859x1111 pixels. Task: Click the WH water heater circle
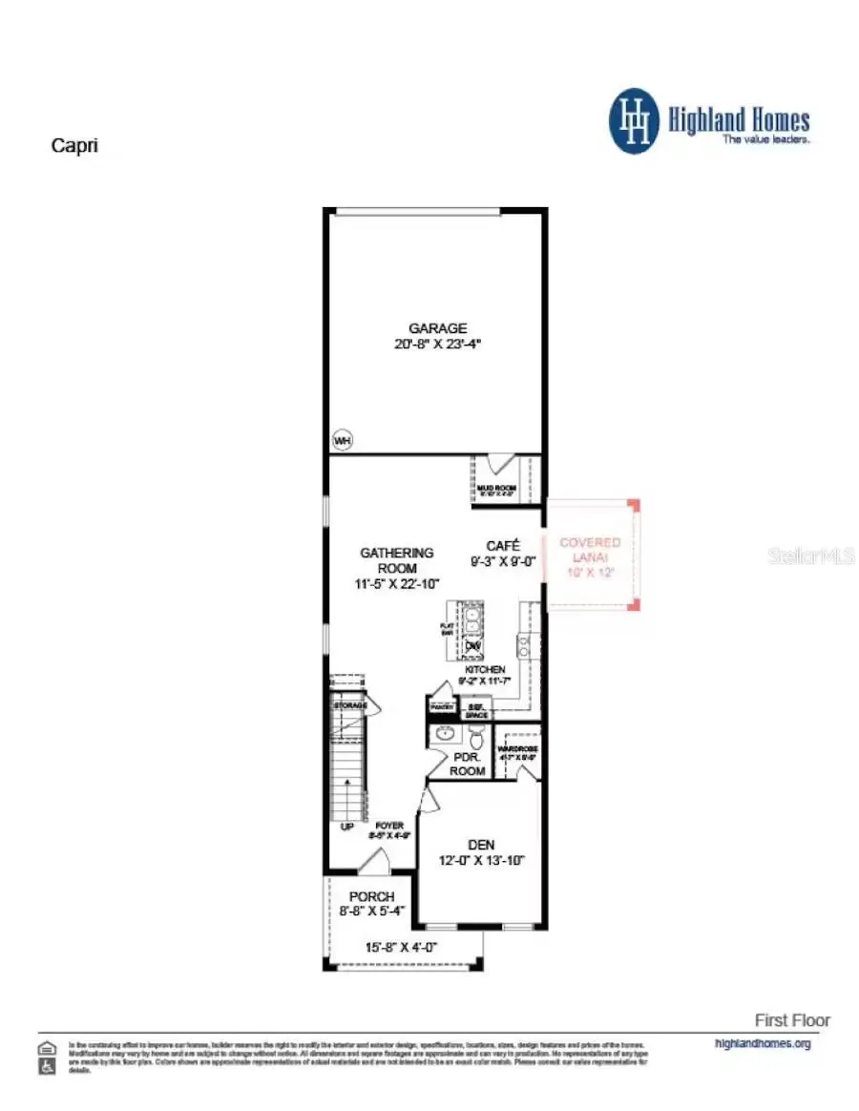click(x=341, y=440)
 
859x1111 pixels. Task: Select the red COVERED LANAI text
click(x=590, y=549)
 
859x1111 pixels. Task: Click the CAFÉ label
click(x=502, y=546)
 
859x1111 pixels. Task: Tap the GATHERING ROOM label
click(x=396, y=559)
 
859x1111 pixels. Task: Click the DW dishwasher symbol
click(x=472, y=647)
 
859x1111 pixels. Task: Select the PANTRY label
click(x=442, y=707)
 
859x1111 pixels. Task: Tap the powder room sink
click(x=443, y=735)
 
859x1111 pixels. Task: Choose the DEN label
click(x=481, y=844)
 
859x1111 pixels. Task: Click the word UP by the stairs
click(x=348, y=826)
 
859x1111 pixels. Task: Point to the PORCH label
click(x=371, y=896)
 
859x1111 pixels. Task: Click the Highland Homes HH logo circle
click(x=635, y=121)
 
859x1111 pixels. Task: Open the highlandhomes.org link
click(x=762, y=1043)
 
